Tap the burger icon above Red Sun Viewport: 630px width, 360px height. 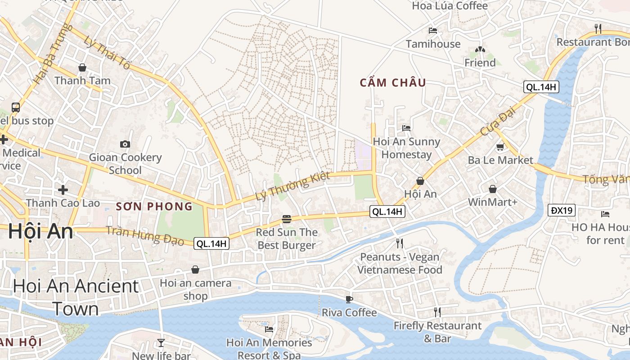click(x=286, y=219)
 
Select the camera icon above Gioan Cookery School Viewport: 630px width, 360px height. click(x=125, y=144)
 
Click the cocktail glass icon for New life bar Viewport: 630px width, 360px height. click(x=161, y=343)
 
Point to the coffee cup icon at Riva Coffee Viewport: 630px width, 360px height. click(x=349, y=299)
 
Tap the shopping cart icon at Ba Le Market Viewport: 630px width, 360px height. click(x=500, y=147)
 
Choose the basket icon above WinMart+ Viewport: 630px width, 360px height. click(x=493, y=189)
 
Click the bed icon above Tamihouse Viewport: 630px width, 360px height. click(x=433, y=31)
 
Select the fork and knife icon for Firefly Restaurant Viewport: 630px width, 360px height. click(x=437, y=312)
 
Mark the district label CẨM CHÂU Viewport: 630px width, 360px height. click(x=393, y=83)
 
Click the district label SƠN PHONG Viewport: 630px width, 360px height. click(x=154, y=207)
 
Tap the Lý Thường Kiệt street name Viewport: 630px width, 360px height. click(x=292, y=186)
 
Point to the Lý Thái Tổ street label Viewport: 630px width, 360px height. click(x=107, y=52)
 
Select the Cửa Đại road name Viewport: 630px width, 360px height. click(x=497, y=123)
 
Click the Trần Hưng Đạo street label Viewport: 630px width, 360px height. click(x=145, y=236)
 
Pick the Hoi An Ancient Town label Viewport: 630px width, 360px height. click(x=76, y=297)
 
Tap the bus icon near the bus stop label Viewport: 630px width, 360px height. click(x=16, y=108)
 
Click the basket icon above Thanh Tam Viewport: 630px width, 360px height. click(x=82, y=67)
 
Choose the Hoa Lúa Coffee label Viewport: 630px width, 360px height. click(x=450, y=6)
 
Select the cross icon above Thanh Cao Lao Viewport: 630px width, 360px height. click(x=63, y=189)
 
